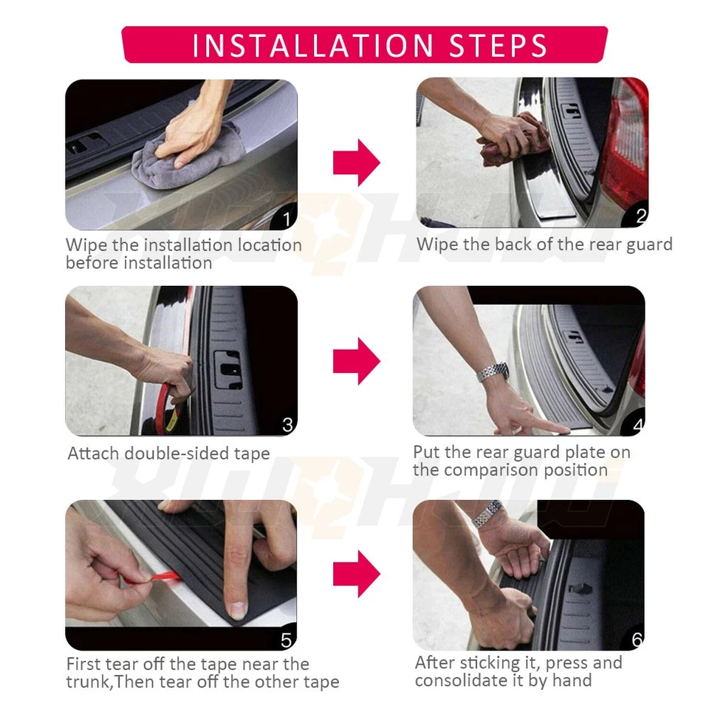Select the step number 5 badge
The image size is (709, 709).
tap(287, 640)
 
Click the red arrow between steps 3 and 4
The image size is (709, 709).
tap(356, 361)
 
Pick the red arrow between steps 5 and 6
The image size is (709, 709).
tap(356, 573)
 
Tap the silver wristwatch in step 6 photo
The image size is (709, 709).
tap(487, 513)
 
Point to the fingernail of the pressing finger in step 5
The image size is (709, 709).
tap(236, 610)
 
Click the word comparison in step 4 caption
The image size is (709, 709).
tap(510, 470)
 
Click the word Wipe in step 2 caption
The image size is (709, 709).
tap(437, 244)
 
